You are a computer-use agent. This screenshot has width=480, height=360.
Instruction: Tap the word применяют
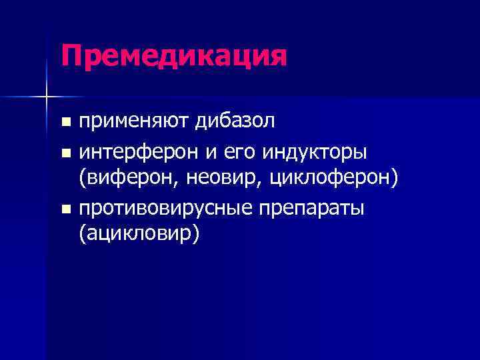[135, 122]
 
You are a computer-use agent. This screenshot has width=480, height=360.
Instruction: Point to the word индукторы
[315, 153]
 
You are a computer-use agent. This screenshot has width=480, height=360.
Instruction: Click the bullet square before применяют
[65, 123]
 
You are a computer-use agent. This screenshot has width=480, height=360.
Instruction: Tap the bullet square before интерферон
[65, 153]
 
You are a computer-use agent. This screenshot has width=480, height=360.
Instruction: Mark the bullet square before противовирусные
[65, 209]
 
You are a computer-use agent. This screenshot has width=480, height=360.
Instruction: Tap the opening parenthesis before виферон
[83, 179]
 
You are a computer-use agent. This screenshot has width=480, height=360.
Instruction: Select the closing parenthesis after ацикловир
[195, 235]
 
